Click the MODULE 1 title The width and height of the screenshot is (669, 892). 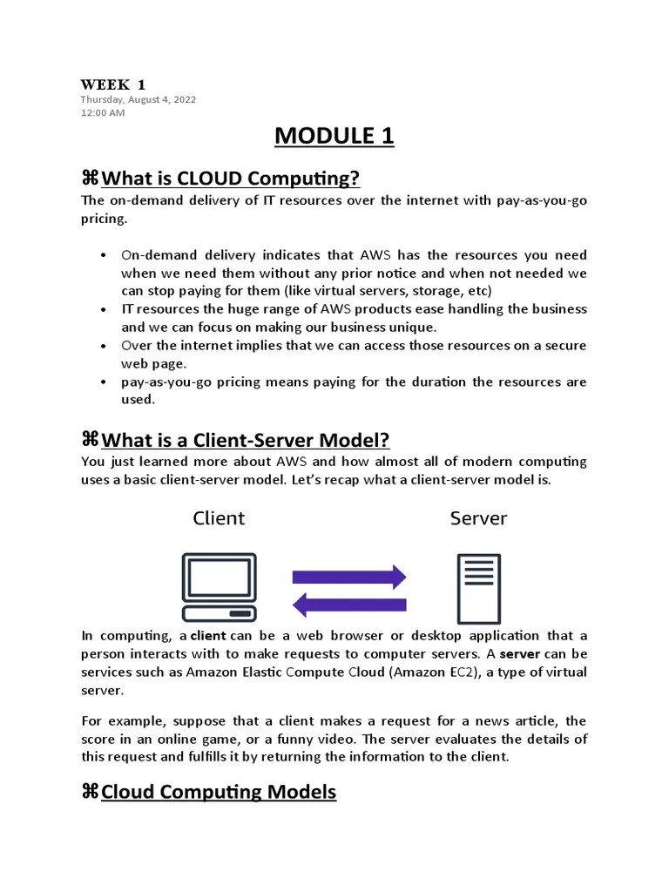click(334, 136)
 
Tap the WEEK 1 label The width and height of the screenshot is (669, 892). click(113, 84)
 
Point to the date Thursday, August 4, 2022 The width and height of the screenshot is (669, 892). click(139, 99)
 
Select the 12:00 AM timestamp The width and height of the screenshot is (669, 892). click(103, 112)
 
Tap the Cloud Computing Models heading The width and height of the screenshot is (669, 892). click(219, 792)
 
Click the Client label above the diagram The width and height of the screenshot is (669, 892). click(219, 519)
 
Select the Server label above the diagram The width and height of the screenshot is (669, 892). click(478, 519)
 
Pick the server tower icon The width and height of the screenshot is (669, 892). click(478, 588)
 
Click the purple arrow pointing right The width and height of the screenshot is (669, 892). click(349, 577)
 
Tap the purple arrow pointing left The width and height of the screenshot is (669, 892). click(349, 604)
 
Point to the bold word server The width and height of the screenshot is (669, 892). click(519, 654)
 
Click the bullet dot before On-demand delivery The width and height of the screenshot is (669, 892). click(104, 255)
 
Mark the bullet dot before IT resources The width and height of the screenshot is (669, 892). click(104, 310)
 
